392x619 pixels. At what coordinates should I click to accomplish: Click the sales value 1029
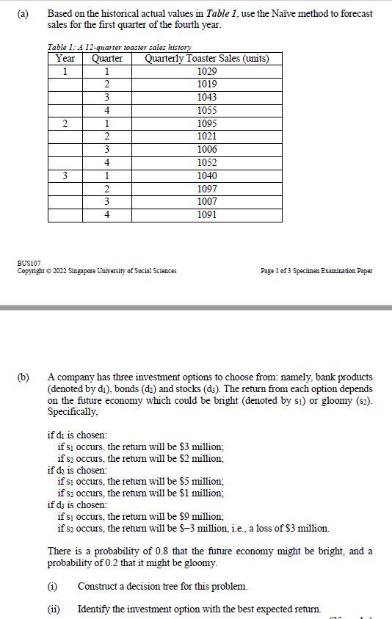(207, 71)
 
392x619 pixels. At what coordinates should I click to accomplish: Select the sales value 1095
(207, 123)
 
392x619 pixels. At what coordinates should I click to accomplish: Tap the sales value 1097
(207, 189)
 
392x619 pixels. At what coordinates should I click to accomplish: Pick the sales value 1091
(207, 214)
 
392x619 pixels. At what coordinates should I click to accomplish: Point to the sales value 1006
(207, 150)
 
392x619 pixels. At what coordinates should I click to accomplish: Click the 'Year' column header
(65, 59)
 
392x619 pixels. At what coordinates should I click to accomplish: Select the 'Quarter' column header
(107, 59)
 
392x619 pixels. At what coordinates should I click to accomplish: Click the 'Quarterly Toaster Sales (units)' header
(207, 59)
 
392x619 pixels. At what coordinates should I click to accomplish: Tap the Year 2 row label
(65, 123)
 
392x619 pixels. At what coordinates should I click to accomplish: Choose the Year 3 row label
(65, 176)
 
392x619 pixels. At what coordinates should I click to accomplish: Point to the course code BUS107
(29, 263)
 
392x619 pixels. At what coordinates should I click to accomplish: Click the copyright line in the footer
(97, 271)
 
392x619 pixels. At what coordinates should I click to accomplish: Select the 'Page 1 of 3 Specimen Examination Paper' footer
(316, 271)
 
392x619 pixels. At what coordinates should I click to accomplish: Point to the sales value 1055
(207, 111)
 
